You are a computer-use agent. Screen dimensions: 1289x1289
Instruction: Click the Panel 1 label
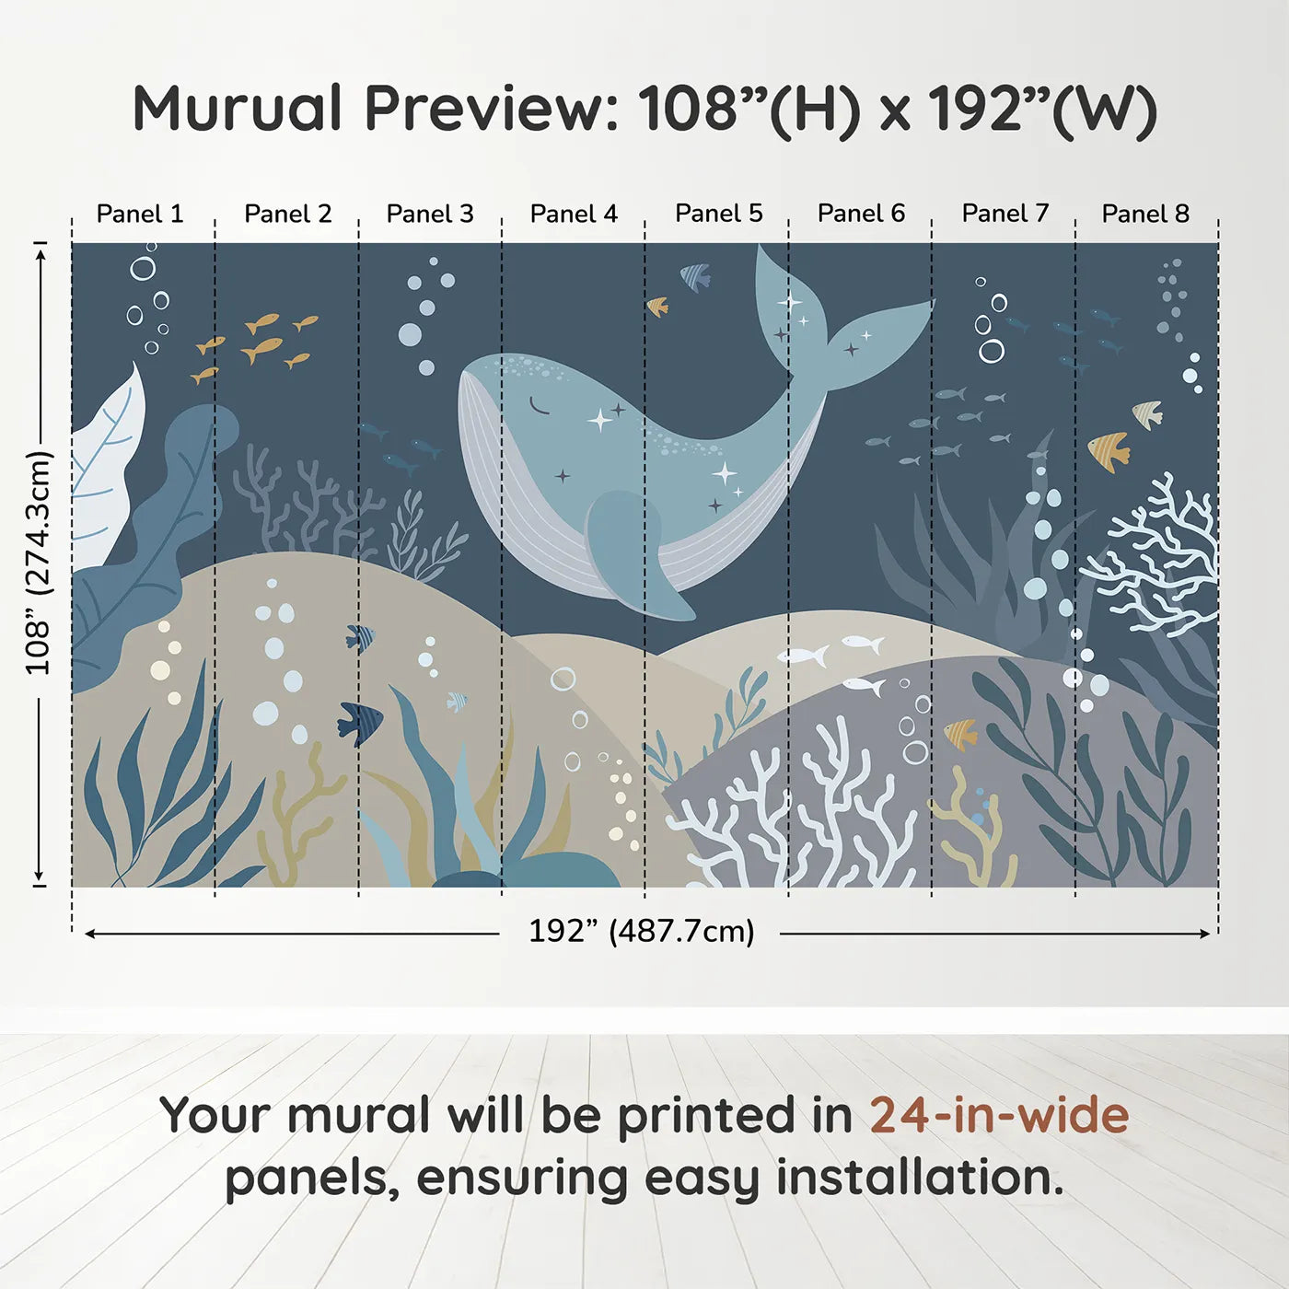140,214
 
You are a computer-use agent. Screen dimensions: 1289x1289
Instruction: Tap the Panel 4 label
574,214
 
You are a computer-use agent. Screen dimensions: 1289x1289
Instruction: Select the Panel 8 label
1145,214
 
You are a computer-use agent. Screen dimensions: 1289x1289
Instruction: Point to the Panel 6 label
861,214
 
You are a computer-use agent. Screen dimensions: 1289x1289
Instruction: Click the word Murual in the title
238,109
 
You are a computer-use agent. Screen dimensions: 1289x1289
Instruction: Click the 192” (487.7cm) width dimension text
641,931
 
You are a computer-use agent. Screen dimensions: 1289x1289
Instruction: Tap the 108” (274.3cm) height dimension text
39,563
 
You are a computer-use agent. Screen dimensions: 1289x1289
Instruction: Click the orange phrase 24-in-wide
998,1115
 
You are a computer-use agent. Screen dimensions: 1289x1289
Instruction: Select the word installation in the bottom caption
919,1178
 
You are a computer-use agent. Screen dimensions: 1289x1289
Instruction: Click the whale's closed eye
538,405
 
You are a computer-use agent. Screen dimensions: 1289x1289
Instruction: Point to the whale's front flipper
635,557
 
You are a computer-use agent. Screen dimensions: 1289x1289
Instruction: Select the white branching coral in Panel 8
1160,552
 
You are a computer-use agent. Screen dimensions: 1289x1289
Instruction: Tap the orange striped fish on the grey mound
960,734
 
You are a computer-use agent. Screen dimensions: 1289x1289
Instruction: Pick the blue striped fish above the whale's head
696,275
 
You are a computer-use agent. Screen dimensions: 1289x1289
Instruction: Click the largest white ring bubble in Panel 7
992,351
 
